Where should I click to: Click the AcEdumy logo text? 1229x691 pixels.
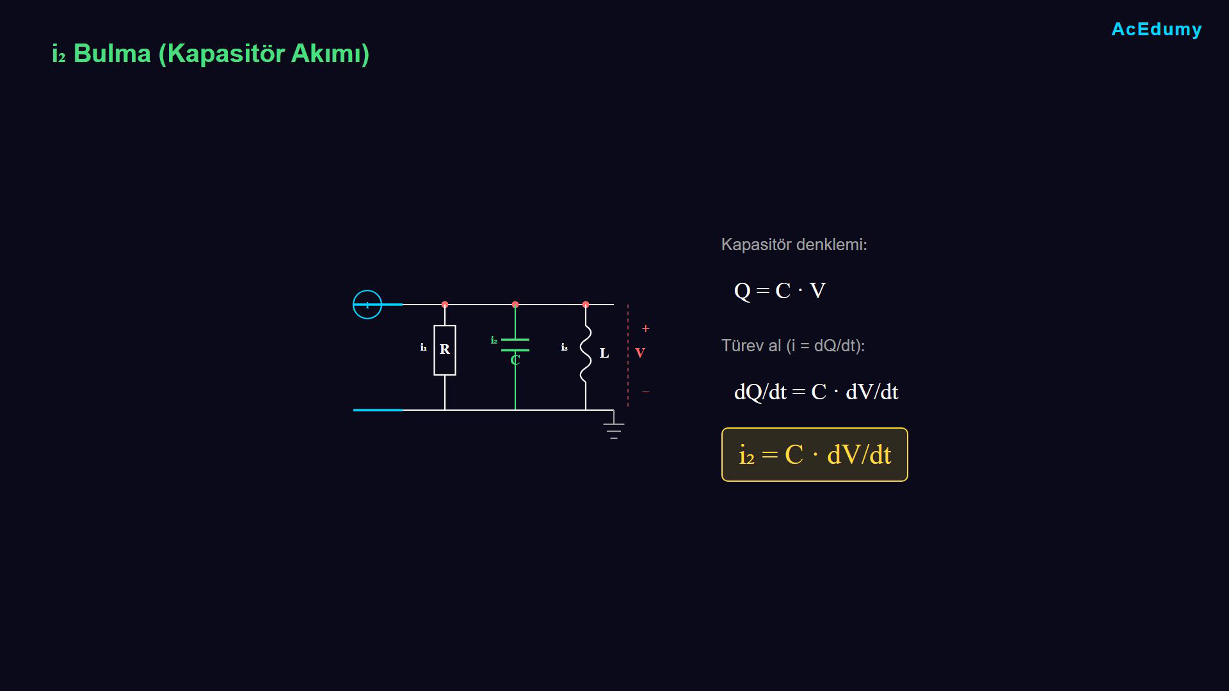pyautogui.click(x=1157, y=29)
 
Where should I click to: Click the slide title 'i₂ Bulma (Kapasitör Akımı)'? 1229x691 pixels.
pyautogui.click(x=211, y=54)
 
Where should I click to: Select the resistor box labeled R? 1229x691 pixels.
pyautogui.click(x=445, y=350)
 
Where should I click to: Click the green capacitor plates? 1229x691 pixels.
pyautogui.click(x=515, y=345)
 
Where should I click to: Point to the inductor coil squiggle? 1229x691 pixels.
pyautogui.click(x=585, y=354)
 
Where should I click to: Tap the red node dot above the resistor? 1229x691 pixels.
pyautogui.click(x=445, y=305)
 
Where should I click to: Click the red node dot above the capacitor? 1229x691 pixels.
pyautogui.click(x=515, y=305)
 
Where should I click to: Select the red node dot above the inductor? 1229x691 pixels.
pyautogui.click(x=586, y=305)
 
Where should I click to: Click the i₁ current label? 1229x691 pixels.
pyautogui.click(x=423, y=347)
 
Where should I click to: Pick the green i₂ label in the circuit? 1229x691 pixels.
pyautogui.click(x=494, y=340)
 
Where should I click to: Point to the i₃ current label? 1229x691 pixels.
pyautogui.click(x=564, y=347)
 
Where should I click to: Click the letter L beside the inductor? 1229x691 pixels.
pyautogui.click(x=604, y=353)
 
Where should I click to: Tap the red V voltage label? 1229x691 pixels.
pyautogui.click(x=640, y=353)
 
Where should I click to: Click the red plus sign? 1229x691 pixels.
pyautogui.click(x=646, y=329)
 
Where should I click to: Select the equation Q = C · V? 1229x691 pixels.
pyautogui.click(x=780, y=291)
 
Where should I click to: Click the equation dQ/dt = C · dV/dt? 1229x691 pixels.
pyautogui.click(x=816, y=392)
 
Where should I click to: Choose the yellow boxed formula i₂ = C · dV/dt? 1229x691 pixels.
pyautogui.click(x=815, y=455)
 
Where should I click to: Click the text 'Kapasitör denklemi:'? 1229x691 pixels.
pyautogui.click(x=794, y=244)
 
